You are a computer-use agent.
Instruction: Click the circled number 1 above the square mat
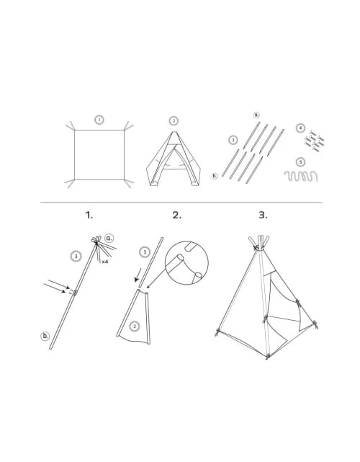(x=99, y=120)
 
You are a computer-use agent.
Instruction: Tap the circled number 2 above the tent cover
(x=174, y=121)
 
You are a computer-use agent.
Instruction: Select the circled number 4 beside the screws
(x=300, y=128)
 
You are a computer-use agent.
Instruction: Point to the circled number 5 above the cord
(x=300, y=162)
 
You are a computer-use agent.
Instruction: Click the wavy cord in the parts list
(x=301, y=176)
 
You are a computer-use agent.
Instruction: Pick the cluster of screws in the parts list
(x=315, y=141)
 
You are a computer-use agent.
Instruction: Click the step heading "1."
(x=89, y=216)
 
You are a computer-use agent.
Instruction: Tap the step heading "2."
(x=177, y=216)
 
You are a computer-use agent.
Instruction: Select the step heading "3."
(x=263, y=216)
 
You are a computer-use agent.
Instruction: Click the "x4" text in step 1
(x=105, y=262)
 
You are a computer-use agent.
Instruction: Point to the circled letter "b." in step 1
(x=45, y=336)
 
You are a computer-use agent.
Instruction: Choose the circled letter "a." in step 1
(x=109, y=238)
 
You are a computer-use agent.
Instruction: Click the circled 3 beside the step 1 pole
(x=76, y=256)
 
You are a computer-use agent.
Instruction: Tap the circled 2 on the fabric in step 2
(x=135, y=326)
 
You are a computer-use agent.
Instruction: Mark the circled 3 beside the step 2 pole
(x=145, y=252)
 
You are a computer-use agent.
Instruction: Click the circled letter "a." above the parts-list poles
(x=257, y=115)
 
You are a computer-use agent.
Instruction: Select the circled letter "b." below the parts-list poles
(x=215, y=176)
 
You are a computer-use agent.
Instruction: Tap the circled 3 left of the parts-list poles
(x=233, y=140)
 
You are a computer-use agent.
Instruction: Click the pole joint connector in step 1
(x=75, y=293)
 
